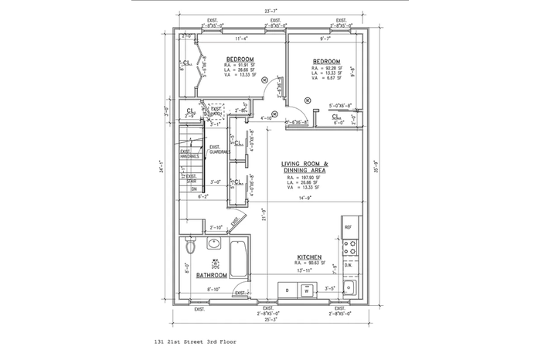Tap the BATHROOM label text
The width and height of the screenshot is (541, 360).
[211, 275]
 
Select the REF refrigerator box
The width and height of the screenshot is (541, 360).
[349, 228]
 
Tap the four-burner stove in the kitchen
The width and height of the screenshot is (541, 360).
[350, 247]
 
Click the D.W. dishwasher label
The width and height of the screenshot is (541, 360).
[348, 265]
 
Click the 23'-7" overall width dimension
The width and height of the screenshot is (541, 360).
[270, 12]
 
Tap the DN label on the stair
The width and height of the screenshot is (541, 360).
[195, 188]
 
